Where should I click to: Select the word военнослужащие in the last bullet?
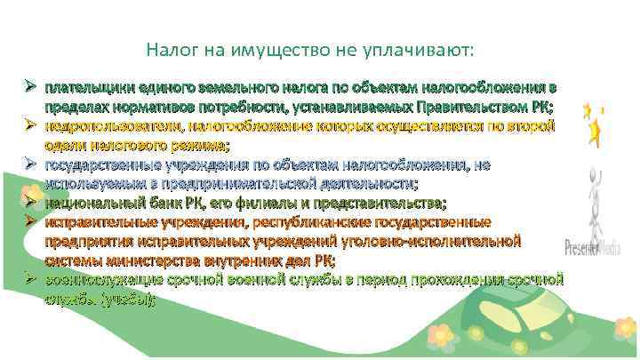tap(104, 278)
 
